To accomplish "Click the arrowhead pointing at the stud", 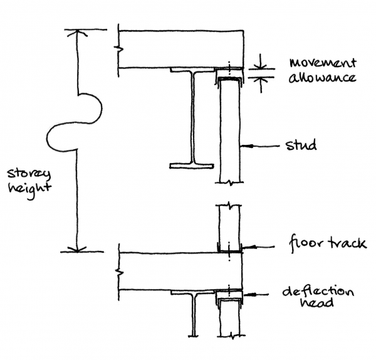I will click(x=246, y=146).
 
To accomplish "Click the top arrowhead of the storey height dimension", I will click(x=78, y=34).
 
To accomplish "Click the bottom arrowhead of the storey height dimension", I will click(x=78, y=247).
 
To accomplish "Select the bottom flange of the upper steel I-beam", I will click(x=191, y=166).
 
